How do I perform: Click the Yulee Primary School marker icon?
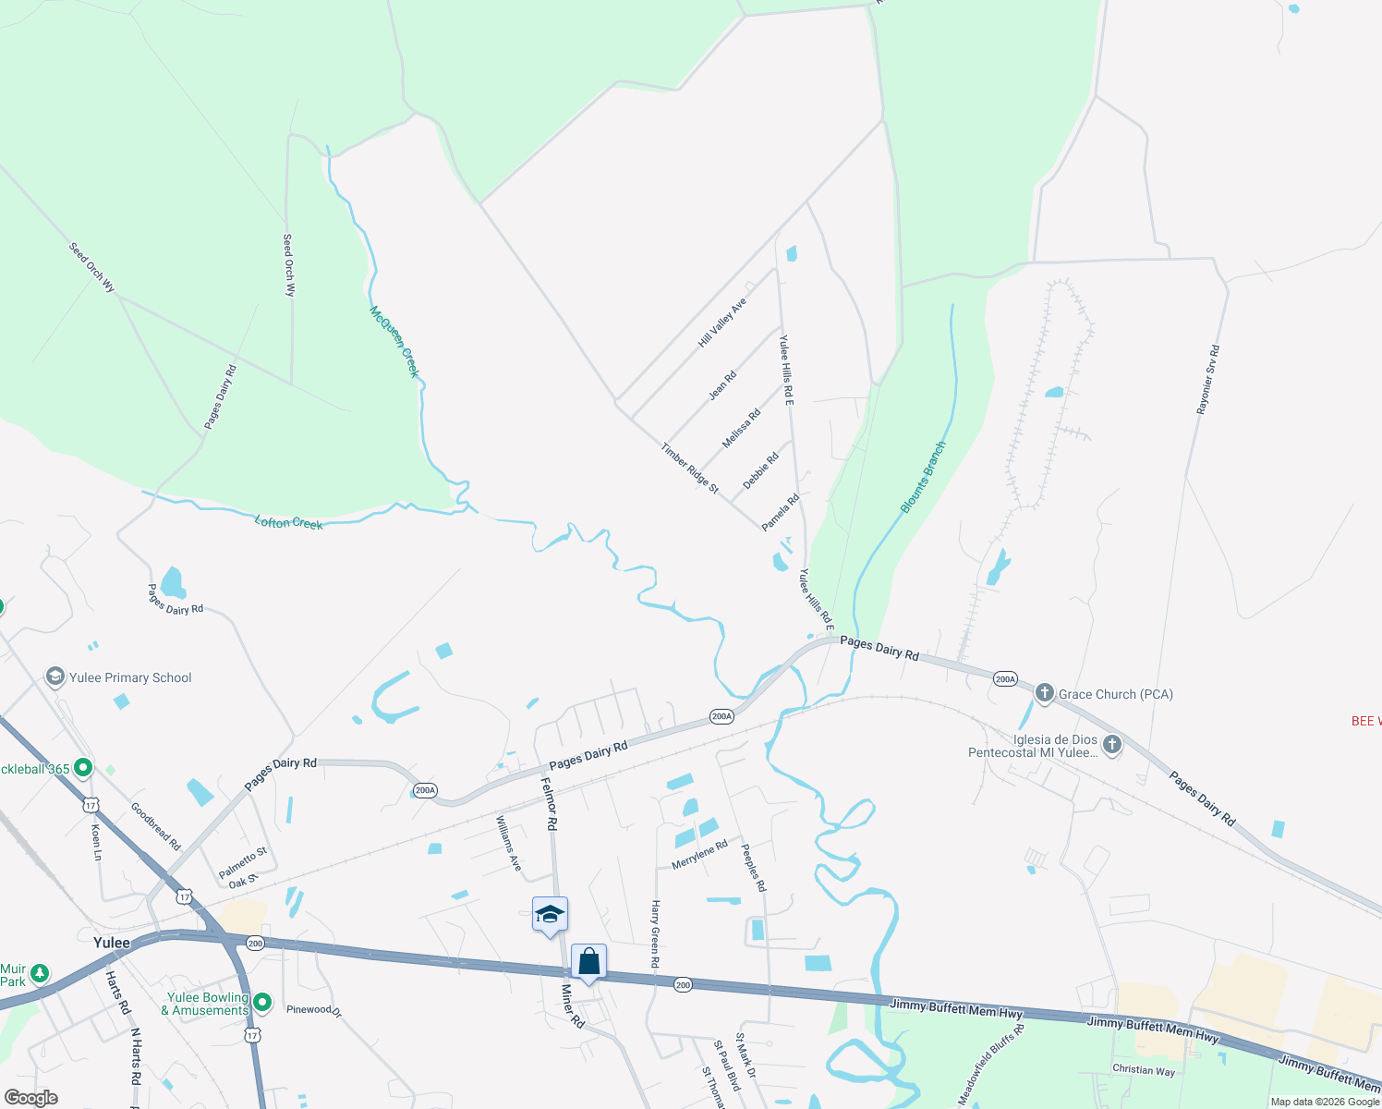(x=55, y=677)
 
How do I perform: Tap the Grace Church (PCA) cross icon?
(x=1045, y=693)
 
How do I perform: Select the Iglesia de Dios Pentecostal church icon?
(x=1112, y=745)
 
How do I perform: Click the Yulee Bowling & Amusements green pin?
(x=262, y=1003)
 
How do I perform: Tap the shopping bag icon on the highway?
(x=588, y=962)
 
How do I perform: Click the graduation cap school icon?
(x=550, y=915)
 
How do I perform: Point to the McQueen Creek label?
(x=394, y=342)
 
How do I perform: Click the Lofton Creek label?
(x=289, y=523)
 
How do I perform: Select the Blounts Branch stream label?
(x=923, y=478)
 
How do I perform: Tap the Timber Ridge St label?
(x=689, y=468)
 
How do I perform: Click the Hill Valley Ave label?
(x=722, y=323)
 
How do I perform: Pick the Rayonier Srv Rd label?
(x=1208, y=379)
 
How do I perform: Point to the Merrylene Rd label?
(x=699, y=854)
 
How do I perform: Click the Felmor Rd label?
(x=550, y=803)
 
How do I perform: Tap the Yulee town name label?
(x=111, y=943)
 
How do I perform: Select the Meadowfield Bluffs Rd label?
(x=991, y=1064)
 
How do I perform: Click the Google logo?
(x=30, y=1098)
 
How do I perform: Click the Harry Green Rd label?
(x=655, y=933)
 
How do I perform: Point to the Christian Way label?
(x=1144, y=1070)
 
